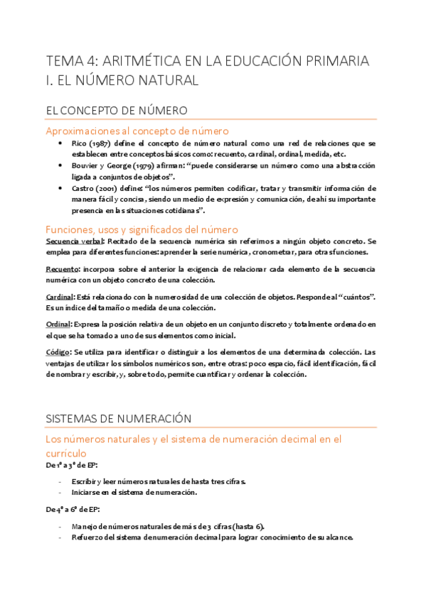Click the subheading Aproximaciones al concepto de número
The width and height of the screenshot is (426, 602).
click(x=137, y=131)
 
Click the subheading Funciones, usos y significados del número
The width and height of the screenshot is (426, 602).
click(x=142, y=229)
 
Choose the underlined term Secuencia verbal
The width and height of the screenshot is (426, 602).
click(x=74, y=241)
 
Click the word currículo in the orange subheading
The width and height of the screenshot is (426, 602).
click(x=66, y=452)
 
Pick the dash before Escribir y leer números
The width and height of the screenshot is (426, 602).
click(x=60, y=481)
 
